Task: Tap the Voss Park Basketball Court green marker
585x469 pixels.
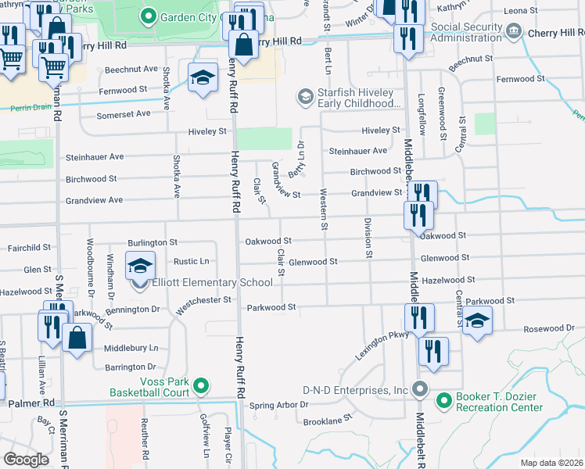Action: click(201, 385)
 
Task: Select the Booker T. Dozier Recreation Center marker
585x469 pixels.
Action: click(444, 401)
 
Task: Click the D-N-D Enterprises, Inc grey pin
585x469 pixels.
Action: click(420, 389)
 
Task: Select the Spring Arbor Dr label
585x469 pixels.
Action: click(279, 405)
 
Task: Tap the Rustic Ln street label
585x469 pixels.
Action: click(192, 261)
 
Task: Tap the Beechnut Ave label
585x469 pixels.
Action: click(131, 70)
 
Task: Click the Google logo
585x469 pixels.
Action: click(26, 459)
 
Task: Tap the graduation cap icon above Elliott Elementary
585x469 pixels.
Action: click(141, 267)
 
